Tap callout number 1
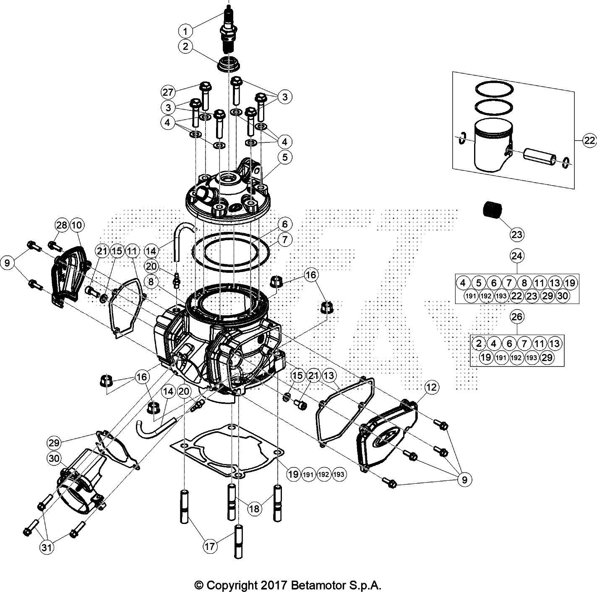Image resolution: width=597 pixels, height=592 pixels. [185, 31]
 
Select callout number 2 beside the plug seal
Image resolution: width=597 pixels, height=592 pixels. [185, 46]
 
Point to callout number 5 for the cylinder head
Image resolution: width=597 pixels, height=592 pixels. [285, 157]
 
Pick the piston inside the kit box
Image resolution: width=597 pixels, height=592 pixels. [491, 145]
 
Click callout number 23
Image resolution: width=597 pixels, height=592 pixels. [517, 234]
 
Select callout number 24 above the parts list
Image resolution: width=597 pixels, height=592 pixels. [517, 256]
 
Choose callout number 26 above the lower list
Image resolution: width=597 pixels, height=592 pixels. [517, 316]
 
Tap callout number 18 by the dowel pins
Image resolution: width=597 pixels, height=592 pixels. [255, 509]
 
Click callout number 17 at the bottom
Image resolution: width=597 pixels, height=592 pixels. [210, 546]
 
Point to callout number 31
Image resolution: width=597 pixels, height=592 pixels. [47, 547]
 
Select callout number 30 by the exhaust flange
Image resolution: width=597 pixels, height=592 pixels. [55, 459]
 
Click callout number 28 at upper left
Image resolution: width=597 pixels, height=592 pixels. [62, 225]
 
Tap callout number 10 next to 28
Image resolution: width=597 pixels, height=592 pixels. [77, 225]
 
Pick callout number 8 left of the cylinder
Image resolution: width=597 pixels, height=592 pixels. [151, 281]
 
